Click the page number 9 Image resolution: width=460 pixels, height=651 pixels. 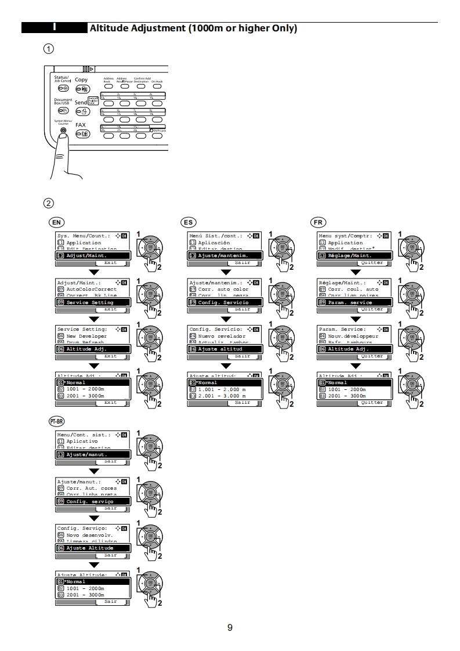coord(230,627)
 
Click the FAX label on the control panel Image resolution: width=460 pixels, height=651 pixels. coord(81,125)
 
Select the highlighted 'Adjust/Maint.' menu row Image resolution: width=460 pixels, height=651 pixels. coord(92,255)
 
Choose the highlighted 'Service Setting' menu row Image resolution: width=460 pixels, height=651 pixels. coord(92,302)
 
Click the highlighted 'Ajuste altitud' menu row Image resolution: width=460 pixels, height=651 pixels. coord(224,349)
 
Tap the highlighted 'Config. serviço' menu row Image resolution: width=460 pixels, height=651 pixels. coord(92,501)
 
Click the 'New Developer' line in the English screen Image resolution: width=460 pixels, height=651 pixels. coord(86,336)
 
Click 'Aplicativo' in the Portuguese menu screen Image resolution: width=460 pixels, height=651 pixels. coord(82,441)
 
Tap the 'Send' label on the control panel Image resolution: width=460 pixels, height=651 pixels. coord(81,102)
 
